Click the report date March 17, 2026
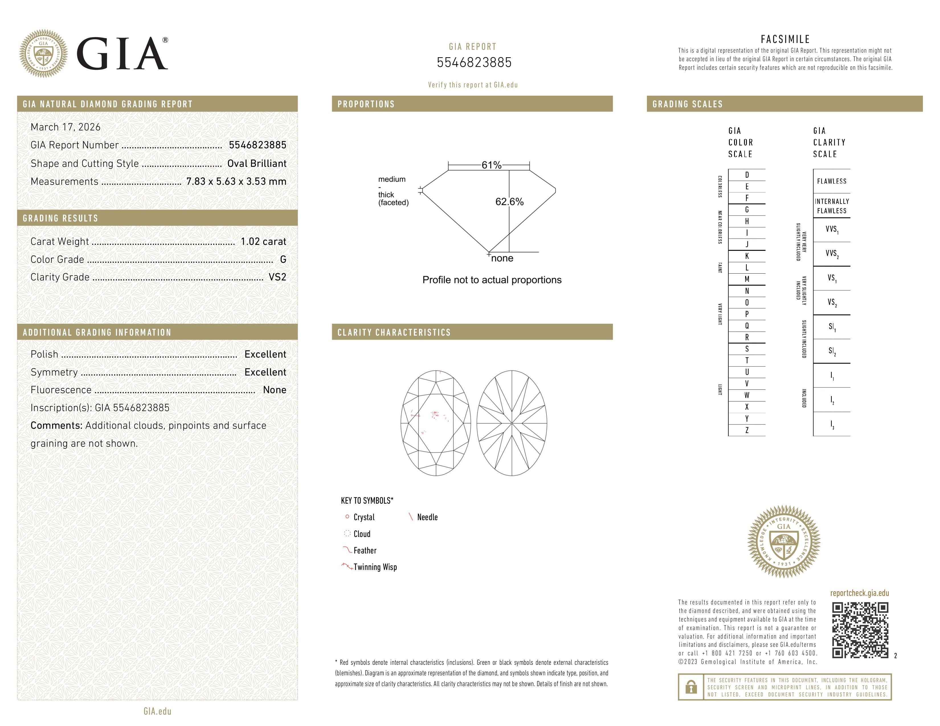(66, 127)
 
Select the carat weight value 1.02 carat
(263, 241)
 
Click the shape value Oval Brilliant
(257, 163)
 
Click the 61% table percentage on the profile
(491, 165)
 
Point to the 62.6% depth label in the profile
(509, 202)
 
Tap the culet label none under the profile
(502, 258)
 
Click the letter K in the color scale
(747, 256)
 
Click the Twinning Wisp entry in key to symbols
(375, 567)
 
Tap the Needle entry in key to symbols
(427, 517)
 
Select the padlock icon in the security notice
(691, 687)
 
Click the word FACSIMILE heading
(785, 39)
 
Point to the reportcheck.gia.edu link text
(859, 593)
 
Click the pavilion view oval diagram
(512, 423)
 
